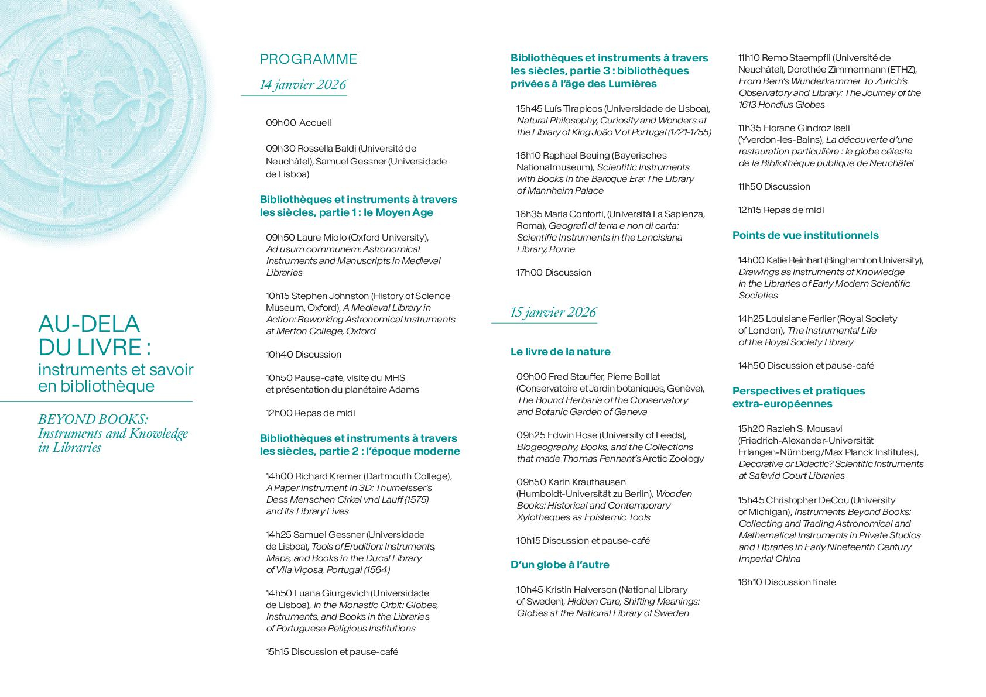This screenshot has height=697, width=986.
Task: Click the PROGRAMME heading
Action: (309, 59)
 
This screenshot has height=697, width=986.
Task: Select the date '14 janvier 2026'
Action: (303, 85)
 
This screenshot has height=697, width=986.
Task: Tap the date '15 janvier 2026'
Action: (553, 312)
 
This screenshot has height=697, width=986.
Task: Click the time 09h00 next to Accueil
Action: (280, 123)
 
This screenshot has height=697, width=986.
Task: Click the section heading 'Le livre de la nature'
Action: (560, 352)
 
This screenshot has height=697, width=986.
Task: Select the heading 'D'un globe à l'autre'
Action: (560, 565)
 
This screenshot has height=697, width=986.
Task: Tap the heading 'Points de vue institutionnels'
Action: (805, 235)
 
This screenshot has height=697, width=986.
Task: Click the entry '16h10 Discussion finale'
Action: (787, 582)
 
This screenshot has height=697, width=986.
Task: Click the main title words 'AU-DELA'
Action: (89, 324)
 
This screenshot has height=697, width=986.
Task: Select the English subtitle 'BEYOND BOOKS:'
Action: (93, 419)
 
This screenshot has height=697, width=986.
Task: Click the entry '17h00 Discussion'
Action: (553, 273)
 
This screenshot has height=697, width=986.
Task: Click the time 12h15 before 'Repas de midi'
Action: (749, 210)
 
